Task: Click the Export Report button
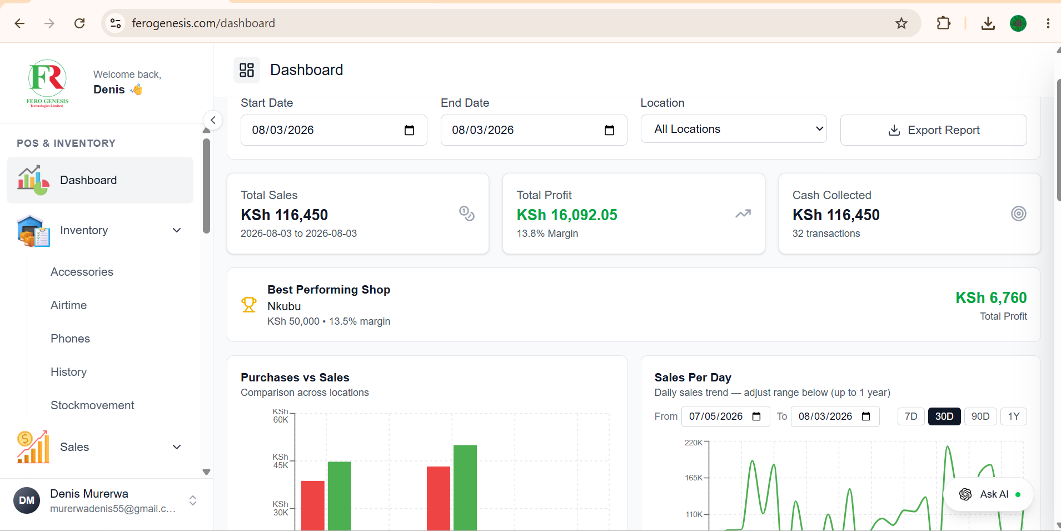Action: (933, 130)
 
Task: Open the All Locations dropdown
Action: (734, 129)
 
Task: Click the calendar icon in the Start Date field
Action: (410, 130)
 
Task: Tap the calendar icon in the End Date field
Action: (610, 130)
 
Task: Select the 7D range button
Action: (911, 416)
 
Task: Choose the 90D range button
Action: (980, 416)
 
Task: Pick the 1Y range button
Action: (1014, 416)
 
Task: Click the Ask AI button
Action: (989, 494)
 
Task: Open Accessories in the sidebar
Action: (82, 272)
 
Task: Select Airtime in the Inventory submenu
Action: (68, 305)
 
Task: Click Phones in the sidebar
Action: (70, 339)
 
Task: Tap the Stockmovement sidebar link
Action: (92, 405)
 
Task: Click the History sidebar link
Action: (68, 372)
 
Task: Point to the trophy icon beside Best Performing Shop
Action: (248, 305)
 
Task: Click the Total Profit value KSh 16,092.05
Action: (567, 215)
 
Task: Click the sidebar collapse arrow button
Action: (213, 120)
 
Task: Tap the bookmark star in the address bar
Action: (901, 23)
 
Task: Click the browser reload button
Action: (79, 23)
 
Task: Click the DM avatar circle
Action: (27, 500)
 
